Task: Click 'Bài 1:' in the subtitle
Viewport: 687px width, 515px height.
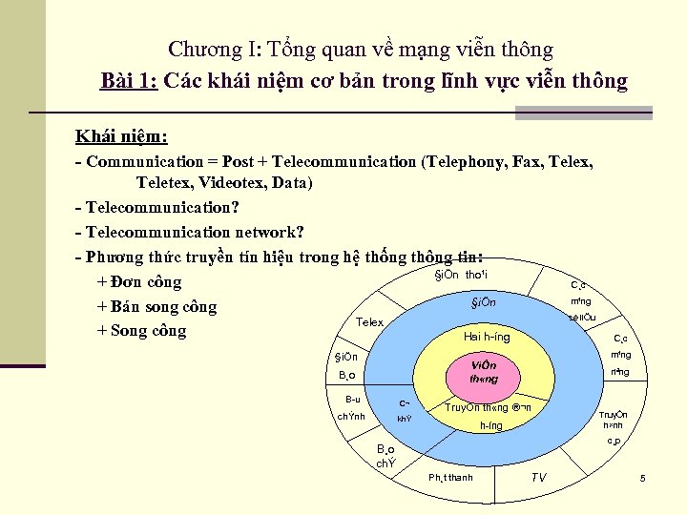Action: (x=129, y=80)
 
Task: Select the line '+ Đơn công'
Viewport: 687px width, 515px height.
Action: (x=139, y=282)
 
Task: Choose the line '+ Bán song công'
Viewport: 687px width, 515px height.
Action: (x=156, y=307)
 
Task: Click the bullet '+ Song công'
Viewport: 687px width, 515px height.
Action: (x=142, y=331)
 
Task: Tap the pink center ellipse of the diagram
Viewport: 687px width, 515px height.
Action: (x=485, y=372)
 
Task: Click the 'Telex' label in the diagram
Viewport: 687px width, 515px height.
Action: (x=369, y=322)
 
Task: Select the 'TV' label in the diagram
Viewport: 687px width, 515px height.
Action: (x=539, y=477)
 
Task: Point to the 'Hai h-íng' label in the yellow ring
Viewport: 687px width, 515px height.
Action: (x=487, y=337)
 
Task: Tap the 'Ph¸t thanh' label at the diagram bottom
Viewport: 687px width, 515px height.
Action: (x=451, y=478)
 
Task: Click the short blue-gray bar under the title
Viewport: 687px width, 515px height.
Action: (x=583, y=113)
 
